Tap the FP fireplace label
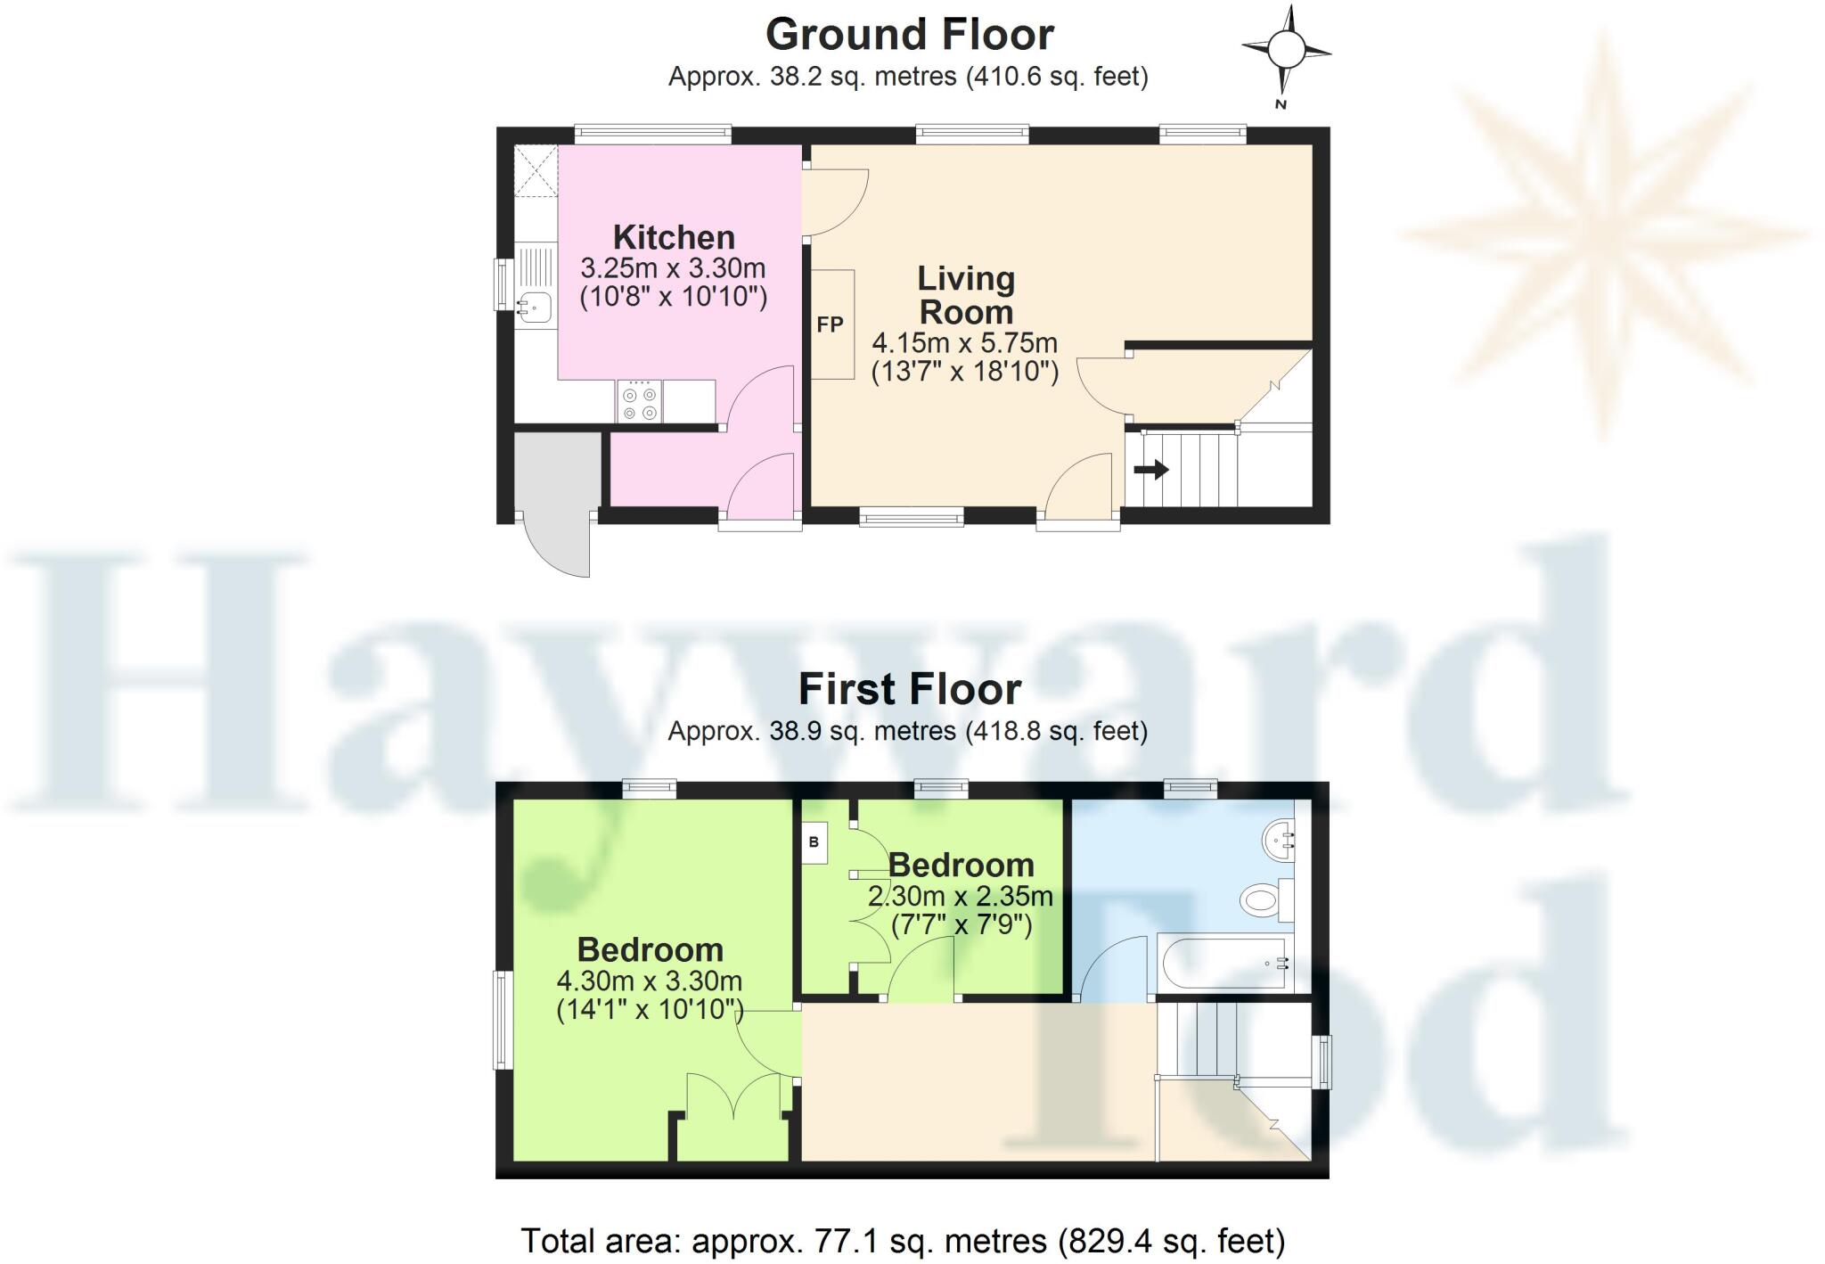pyautogui.click(x=830, y=324)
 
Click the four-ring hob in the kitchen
pyautogui.click(x=639, y=401)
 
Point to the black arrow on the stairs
pyautogui.click(x=1150, y=469)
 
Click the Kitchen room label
pyautogui.click(x=674, y=237)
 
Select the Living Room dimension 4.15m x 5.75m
pyautogui.click(x=964, y=342)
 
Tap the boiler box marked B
pyautogui.click(x=814, y=842)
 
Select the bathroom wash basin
pyautogui.click(x=1279, y=839)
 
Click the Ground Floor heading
pyautogui.click(x=909, y=36)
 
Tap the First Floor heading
pyautogui.click(x=909, y=689)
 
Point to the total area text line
pyautogui.click(x=902, y=1241)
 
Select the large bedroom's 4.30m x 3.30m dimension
pyautogui.click(x=649, y=981)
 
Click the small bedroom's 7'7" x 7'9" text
pyautogui.click(x=962, y=924)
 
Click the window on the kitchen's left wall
pyautogui.click(x=503, y=283)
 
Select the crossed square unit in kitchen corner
pyautogui.click(x=536, y=170)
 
